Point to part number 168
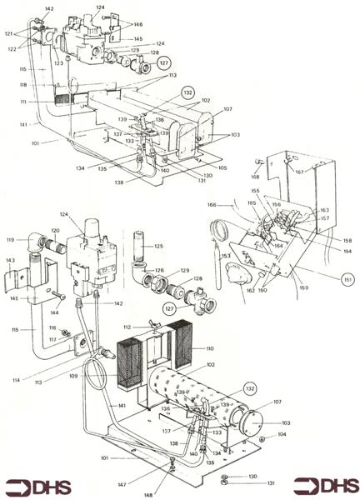click(x=256, y=176)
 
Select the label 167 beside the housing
click(x=322, y=172)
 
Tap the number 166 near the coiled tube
click(x=213, y=204)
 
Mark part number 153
click(x=226, y=256)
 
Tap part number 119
click(x=10, y=239)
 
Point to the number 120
click(x=56, y=230)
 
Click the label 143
click(x=11, y=261)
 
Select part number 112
click(x=127, y=327)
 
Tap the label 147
click(x=122, y=484)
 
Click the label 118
click(x=22, y=85)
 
